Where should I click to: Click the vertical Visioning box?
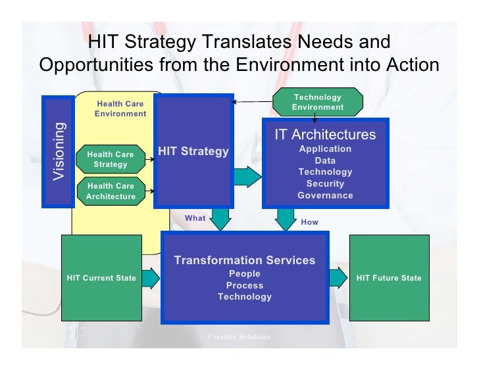59,152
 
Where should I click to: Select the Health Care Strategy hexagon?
111,159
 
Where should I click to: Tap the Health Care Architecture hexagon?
111,191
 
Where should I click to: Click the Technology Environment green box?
318,103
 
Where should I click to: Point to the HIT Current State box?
101,278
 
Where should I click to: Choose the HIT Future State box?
389,278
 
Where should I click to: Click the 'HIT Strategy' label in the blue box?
193,152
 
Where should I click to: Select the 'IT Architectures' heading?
325,135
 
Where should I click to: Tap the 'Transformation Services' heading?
245,260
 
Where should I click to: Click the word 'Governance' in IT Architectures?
325,196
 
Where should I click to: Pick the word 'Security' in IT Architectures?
325,184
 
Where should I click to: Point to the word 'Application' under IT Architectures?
325,149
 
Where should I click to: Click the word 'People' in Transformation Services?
245,274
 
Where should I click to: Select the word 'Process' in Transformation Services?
245,286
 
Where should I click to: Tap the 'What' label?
195,218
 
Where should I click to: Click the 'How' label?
309,222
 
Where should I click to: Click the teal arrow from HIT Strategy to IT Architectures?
247,177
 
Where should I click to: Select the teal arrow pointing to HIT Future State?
338,278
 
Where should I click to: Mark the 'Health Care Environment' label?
120,108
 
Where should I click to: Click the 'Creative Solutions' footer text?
239,337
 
